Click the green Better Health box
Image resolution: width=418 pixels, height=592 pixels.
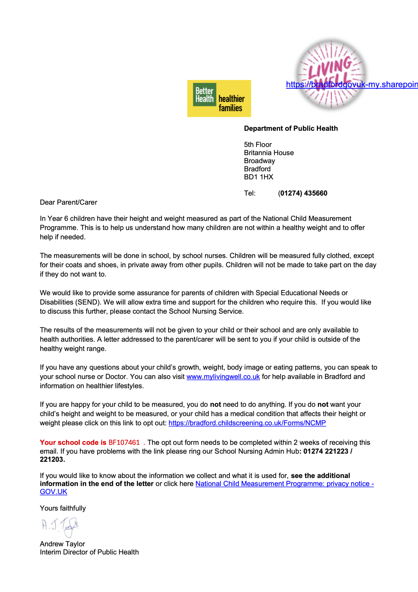(205, 95)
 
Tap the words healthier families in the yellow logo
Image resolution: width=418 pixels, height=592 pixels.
(231, 103)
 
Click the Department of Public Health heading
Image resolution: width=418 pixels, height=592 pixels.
(291, 128)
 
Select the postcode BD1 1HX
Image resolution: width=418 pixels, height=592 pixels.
(259, 177)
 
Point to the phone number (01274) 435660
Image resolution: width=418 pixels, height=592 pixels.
(302, 193)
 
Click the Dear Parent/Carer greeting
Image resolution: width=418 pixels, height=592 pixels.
(68, 202)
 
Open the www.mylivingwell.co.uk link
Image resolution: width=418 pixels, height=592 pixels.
(223, 377)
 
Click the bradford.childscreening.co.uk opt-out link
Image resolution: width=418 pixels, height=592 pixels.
(247, 423)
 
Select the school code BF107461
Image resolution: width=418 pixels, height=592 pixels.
(124, 443)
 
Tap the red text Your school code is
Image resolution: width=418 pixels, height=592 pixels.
(73, 443)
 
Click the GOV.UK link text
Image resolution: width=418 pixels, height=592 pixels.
(53, 492)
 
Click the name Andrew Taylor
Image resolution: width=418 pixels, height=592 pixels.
(62, 544)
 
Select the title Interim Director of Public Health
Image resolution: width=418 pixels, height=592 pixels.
(89, 552)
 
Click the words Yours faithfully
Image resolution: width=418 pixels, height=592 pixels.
(63, 508)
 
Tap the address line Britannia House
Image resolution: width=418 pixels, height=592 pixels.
(269, 153)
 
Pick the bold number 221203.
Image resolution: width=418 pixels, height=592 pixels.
(52, 460)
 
